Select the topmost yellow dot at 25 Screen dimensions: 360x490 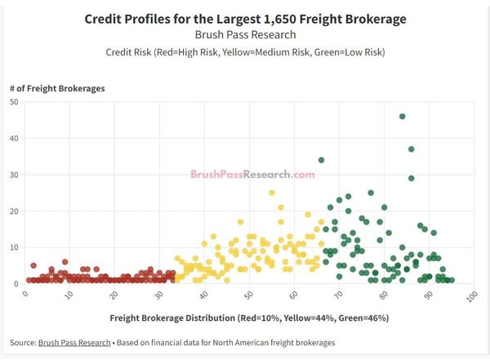point(272,193)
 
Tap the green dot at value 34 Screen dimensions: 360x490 point(322,160)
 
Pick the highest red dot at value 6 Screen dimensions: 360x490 point(65,262)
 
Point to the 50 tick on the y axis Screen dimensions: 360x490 point(15,102)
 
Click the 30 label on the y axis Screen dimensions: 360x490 point(15,175)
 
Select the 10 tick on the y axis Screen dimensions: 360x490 point(15,247)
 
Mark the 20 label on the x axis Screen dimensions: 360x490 point(114,295)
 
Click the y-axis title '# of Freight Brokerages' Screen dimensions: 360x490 point(56,87)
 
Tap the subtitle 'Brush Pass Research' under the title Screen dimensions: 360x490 point(245,35)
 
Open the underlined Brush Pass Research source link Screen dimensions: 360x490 point(74,342)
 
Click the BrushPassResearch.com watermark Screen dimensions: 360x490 point(252,174)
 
